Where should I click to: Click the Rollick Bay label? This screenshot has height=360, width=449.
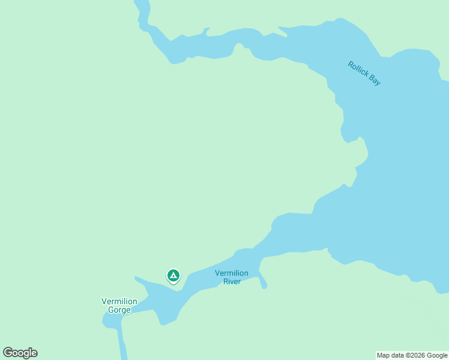pos(364,73)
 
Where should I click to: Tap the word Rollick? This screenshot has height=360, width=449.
pos(358,68)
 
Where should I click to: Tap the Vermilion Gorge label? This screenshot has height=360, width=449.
pos(119,305)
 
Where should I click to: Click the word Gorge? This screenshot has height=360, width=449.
pos(119,310)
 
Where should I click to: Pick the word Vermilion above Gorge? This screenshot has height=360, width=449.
pos(119,301)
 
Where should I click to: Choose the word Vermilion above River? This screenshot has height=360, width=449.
pos(231,273)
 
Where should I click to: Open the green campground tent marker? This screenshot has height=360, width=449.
pos(173,275)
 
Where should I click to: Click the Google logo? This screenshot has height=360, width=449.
pos(20,353)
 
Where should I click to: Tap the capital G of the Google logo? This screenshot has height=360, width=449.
pos(8,353)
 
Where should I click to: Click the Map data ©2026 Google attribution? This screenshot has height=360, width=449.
pos(412,355)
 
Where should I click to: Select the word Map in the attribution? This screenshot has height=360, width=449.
pos(383,355)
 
